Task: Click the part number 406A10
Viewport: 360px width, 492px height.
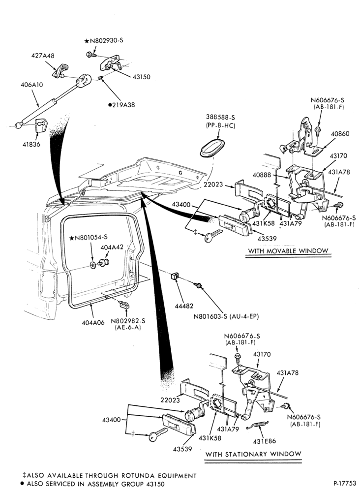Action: (x=31, y=85)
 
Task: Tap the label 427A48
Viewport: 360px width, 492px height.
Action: (x=43, y=56)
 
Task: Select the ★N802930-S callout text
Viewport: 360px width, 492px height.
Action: (x=103, y=40)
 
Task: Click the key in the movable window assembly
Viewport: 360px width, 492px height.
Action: (x=213, y=235)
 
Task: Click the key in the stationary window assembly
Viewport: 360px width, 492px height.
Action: (x=158, y=434)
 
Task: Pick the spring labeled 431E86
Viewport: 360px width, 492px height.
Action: (x=257, y=425)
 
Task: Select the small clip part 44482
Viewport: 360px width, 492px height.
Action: (x=175, y=276)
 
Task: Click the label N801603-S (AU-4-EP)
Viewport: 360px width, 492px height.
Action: (x=226, y=316)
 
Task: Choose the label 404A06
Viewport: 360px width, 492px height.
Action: (x=93, y=322)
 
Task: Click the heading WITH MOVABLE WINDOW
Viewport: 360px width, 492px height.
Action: (x=288, y=251)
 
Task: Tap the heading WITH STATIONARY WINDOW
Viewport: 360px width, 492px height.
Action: (x=253, y=454)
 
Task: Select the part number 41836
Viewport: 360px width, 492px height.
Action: (x=31, y=145)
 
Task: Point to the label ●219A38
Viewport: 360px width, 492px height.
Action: (x=121, y=105)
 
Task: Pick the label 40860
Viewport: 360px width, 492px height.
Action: (x=340, y=134)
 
